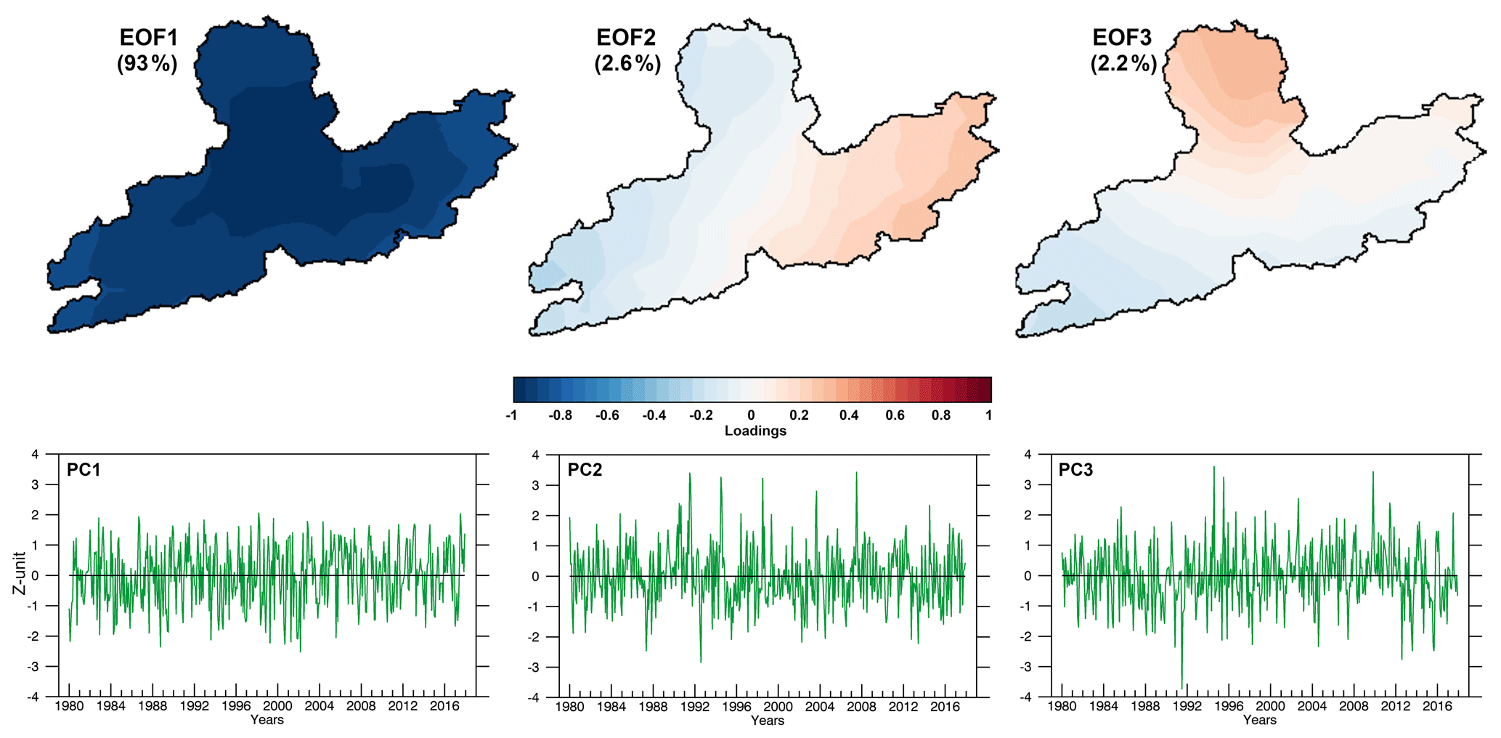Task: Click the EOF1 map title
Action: tap(148, 38)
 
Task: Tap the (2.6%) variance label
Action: tap(627, 64)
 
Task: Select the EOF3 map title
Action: tap(1122, 38)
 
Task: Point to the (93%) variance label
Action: tap(147, 64)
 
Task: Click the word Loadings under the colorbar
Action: tap(755, 431)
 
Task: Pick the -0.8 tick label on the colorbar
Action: tap(560, 415)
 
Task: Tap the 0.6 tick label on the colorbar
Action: tap(895, 415)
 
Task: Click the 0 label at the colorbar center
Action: tap(751, 415)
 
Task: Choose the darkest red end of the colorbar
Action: tap(985, 389)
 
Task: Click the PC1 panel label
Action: tap(84, 470)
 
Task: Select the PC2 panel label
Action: tap(585, 470)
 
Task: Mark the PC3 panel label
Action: tap(1075, 470)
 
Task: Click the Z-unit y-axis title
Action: tap(20, 573)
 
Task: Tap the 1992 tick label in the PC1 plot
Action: tap(194, 706)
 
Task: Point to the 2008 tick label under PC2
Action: tap(861, 707)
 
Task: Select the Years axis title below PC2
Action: tap(767, 721)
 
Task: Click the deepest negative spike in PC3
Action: tap(1181, 686)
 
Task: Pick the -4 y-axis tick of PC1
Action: tap(33, 697)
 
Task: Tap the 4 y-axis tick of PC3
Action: tap(1028, 455)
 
